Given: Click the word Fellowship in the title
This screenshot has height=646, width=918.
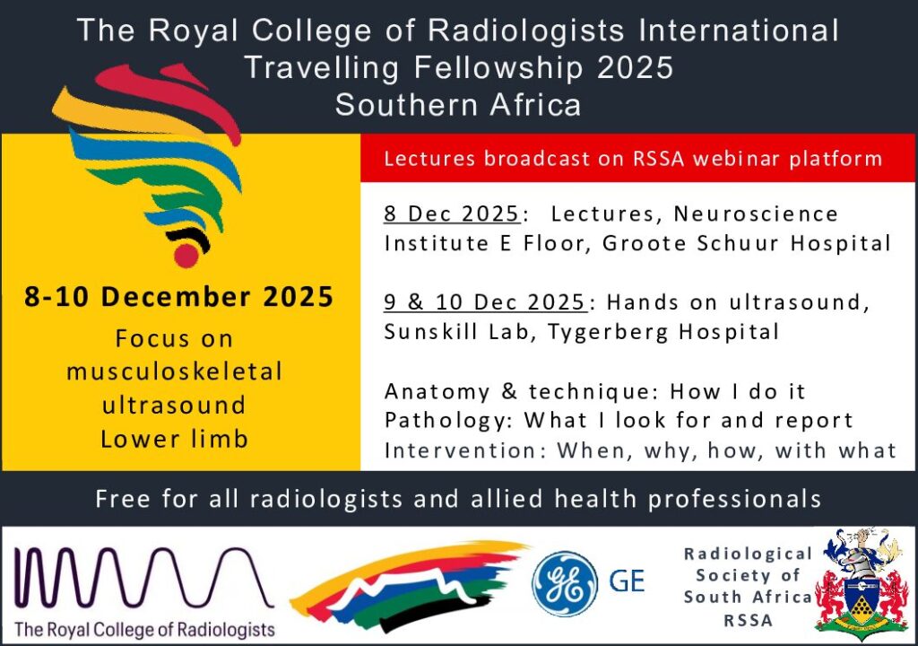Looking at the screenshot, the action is (x=498, y=67).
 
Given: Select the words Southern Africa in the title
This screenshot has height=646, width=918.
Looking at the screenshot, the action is (x=458, y=105).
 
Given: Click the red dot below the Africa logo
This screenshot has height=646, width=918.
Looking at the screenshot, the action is (x=186, y=255).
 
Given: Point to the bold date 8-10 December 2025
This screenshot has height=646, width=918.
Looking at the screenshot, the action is (x=178, y=297).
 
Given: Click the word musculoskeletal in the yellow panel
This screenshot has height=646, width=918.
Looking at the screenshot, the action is (x=175, y=371).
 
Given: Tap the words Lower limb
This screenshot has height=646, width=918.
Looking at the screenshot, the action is (x=175, y=439).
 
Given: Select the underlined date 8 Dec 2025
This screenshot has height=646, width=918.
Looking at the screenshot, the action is (x=452, y=214).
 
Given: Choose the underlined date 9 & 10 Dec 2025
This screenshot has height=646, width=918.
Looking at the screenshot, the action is (x=485, y=301).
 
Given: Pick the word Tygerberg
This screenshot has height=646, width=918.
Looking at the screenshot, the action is (x=610, y=332).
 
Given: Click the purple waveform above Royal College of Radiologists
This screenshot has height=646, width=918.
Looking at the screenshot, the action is (x=143, y=578).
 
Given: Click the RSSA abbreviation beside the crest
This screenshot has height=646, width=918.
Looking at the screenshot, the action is (x=749, y=620).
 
